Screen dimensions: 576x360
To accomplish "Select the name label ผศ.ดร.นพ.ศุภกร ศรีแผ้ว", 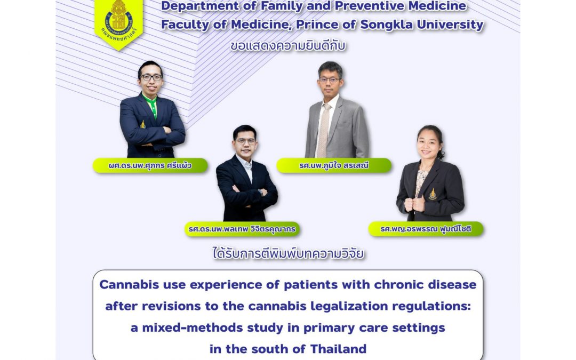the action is tap(150, 165).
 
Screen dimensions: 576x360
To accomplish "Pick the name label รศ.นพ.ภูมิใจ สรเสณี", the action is tap(334, 165).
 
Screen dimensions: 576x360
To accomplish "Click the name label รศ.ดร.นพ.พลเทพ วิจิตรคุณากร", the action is tap(242, 229).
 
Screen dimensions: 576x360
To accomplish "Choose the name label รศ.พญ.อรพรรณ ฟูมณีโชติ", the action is tap(426, 229).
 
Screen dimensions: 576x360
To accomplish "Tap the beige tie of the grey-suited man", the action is tap(323, 129).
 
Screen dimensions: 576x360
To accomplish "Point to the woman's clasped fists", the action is tap(414, 204).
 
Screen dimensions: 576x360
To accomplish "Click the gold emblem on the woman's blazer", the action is tap(433, 194).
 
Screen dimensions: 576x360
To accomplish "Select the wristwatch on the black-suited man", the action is tap(261, 192).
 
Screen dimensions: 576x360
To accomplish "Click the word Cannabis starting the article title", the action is tap(129, 285).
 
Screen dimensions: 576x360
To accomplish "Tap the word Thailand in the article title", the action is tap(338, 349).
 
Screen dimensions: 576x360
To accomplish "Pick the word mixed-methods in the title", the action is tap(192, 327).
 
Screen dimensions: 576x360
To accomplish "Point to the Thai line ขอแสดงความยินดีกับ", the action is tap(289, 46).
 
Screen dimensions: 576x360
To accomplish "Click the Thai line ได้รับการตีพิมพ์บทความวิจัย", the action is tap(289, 253).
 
